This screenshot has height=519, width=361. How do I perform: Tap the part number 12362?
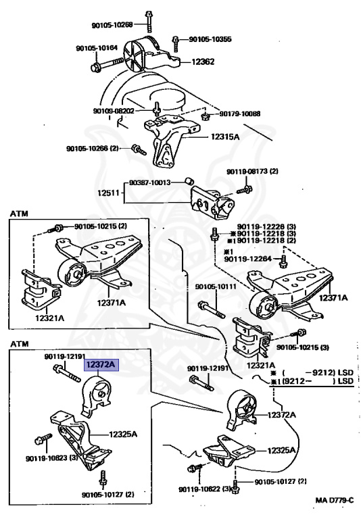click(x=203, y=62)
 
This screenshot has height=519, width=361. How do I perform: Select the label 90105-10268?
click(x=112, y=24)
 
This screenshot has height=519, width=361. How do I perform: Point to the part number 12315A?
click(x=225, y=137)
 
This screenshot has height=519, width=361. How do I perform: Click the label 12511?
click(x=108, y=193)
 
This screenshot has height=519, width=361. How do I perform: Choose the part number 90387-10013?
click(x=149, y=182)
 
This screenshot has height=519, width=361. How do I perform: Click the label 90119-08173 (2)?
click(x=252, y=172)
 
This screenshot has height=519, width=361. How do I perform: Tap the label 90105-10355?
click(x=210, y=39)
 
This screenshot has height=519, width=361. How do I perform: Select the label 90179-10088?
click(x=240, y=114)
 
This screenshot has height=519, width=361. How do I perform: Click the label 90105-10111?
click(x=216, y=287)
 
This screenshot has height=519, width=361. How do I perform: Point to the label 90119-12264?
click(x=247, y=259)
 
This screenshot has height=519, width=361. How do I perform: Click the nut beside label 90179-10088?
click(x=206, y=116)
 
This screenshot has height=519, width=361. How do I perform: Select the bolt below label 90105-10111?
click(x=212, y=309)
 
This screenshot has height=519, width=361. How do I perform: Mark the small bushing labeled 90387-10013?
click(x=189, y=181)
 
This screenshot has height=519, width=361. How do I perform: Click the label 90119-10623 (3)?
click(x=51, y=458)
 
